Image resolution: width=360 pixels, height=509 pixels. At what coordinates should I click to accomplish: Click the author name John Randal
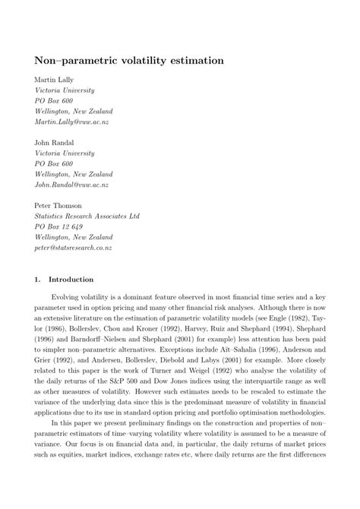click(55, 142)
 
